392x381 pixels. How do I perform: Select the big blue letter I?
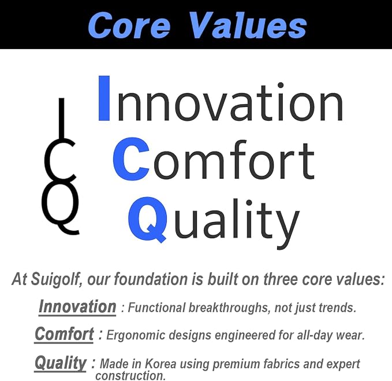tap(104, 98)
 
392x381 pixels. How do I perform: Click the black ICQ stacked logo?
tap(60, 167)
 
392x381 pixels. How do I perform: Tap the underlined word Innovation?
tap(77, 306)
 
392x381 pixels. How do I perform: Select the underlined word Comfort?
tap(64, 334)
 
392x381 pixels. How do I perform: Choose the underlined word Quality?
tap(60, 363)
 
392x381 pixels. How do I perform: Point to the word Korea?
tap(160, 364)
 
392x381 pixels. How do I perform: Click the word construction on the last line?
tap(130, 375)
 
